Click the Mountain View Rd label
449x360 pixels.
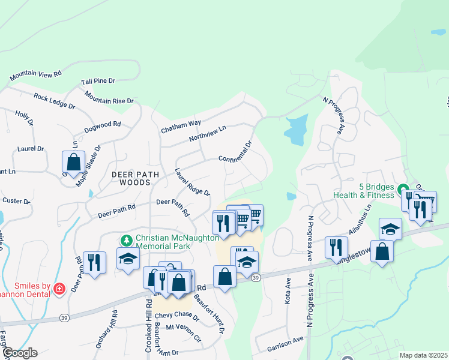[35, 75]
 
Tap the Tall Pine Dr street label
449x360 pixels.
[98, 80]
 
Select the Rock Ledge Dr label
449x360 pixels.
[54, 101]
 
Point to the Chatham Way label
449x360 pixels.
[180, 126]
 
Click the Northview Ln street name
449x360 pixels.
[207, 133]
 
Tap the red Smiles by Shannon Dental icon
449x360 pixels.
[59, 289]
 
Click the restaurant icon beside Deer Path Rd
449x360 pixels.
[94, 262]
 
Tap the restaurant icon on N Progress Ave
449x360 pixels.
[336, 247]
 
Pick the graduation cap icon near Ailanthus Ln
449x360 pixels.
[390, 229]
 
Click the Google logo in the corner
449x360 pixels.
[19, 353]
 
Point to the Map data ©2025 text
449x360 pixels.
[423, 355]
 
